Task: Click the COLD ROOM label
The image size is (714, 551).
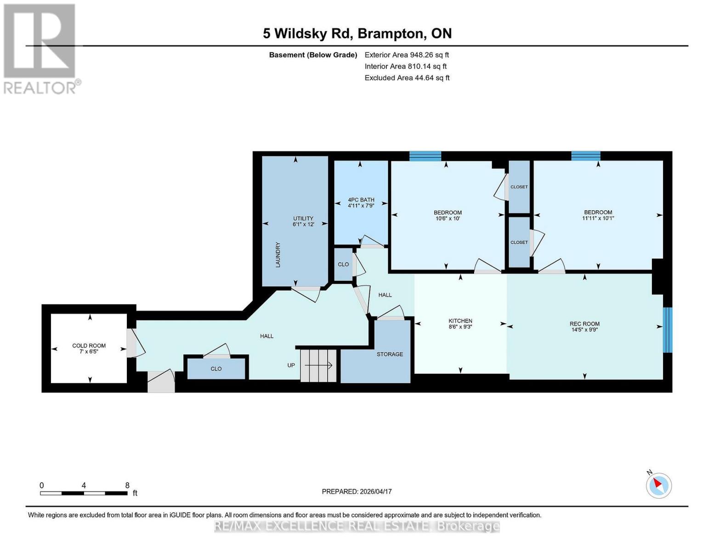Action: point(89,345)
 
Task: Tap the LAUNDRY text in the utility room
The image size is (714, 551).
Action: point(278,255)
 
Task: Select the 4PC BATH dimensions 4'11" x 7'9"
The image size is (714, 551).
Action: point(361,206)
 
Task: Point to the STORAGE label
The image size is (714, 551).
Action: point(390,354)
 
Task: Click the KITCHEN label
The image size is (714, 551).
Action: point(460,321)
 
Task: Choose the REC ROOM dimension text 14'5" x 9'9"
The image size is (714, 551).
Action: point(584,330)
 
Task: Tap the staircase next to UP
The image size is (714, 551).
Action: point(318,365)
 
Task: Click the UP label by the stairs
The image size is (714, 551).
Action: point(291,365)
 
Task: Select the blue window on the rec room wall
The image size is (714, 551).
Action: point(667,330)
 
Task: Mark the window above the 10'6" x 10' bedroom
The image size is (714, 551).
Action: point(425,156)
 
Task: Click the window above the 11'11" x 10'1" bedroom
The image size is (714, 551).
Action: point(586,156)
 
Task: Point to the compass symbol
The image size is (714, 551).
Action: point(658,485)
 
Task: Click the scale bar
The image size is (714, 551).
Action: point(84,493)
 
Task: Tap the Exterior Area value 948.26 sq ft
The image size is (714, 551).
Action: point(429,55)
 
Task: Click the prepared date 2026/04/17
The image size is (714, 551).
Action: point(376,492)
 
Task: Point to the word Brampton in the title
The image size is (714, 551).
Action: point(391,34)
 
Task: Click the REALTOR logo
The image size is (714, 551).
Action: point(40,49)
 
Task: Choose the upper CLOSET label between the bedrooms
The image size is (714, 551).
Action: point(519,187)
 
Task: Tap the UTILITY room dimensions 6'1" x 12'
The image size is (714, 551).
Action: point(303,224)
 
